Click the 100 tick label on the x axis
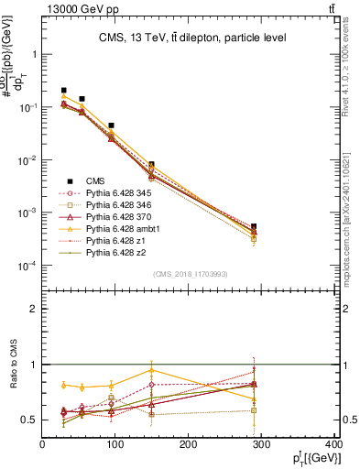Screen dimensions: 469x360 [x=115, y=446]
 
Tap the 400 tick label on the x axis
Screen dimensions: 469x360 [x=333, y=446]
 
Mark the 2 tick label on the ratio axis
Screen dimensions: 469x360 [x=34, y=309]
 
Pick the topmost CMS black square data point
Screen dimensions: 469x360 [x=63, y=91]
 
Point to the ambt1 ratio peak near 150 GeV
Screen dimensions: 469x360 [x=152, y=370]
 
